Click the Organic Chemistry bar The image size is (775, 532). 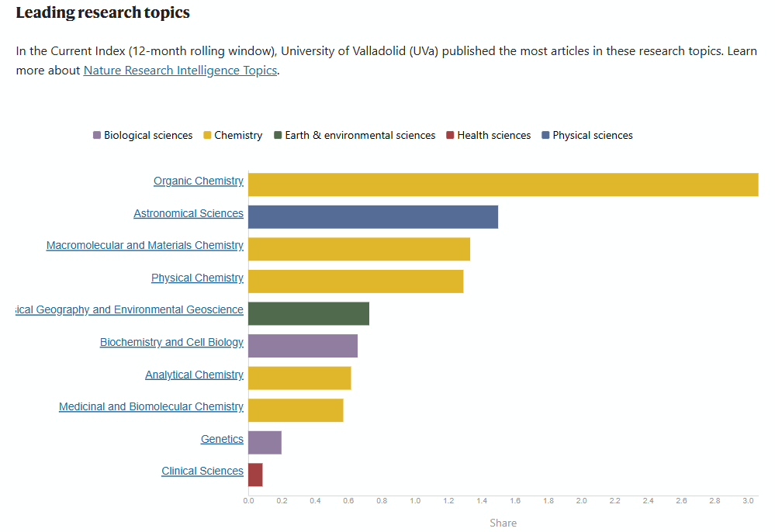503,185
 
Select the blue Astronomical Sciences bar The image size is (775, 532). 373,217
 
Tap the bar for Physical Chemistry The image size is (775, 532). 355,282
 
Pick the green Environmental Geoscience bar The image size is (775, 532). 309,313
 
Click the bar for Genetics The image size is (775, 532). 265,443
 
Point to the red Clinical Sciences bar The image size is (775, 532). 255,475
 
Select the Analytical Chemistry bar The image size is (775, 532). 299,378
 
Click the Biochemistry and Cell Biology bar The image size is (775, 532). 303,346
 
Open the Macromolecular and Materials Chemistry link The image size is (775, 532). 145,245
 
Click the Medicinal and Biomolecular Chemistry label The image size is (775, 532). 151,406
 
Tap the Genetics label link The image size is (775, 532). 222,439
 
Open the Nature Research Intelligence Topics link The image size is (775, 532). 180,71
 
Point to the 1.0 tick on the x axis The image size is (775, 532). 415,501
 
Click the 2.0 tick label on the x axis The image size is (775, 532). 581,501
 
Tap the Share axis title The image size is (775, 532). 503,523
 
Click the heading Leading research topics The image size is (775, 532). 102,13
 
